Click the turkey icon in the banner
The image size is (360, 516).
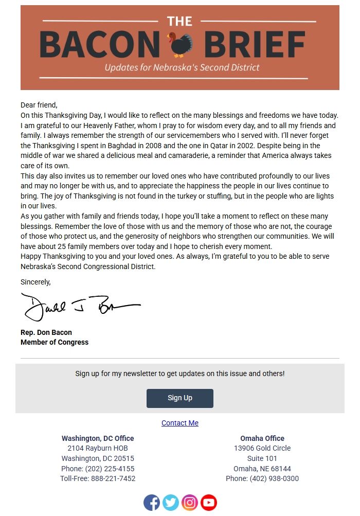coord(179,45)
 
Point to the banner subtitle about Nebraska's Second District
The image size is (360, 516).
coord(182,67)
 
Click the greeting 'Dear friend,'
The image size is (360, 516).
coord(39,105)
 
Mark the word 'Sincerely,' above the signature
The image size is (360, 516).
coord(35,282)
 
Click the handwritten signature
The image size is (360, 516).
coord(80,307)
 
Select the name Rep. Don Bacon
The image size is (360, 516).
coord(46,332)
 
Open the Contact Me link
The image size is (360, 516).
coord(180,423)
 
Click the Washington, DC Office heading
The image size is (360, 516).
coord(98,438)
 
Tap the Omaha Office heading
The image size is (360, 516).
coord(262,438)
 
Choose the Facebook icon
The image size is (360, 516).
coord(152,503)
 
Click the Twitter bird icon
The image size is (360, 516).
coord(171,503)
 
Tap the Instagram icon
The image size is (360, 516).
coord(190,503)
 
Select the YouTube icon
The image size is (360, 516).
coord(209,503)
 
